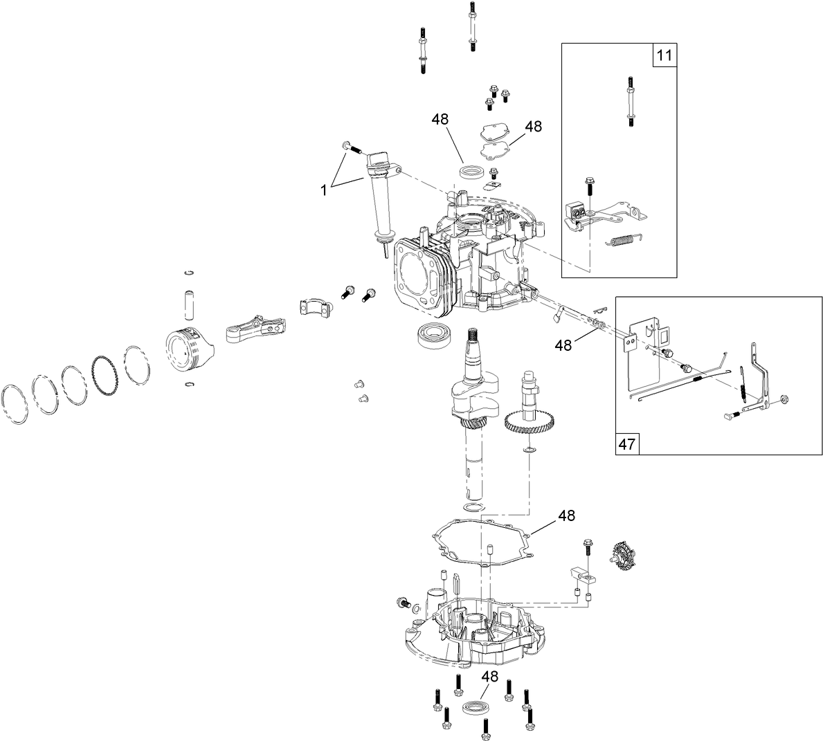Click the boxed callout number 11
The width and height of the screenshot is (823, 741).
pos(664,55)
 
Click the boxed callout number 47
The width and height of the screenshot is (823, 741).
pos(627,443)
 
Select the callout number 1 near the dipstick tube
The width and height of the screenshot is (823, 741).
pos(323,189)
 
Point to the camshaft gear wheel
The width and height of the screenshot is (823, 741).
pos(527,421)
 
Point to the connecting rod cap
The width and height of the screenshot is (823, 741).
pos(312,305)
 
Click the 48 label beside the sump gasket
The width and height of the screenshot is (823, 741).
pos(566,515)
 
